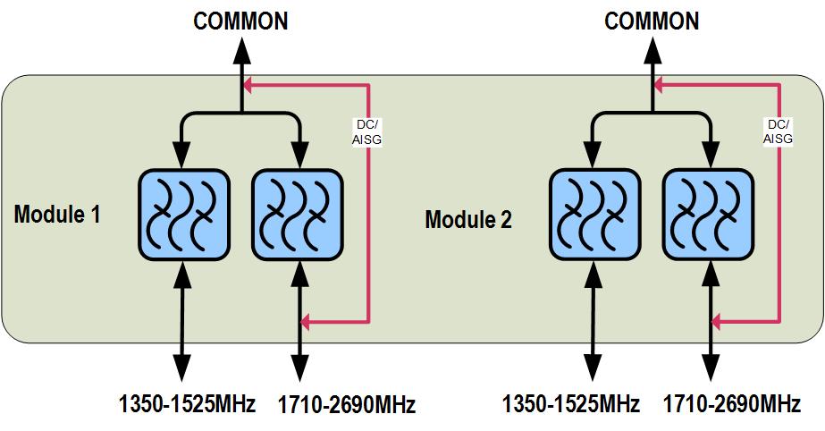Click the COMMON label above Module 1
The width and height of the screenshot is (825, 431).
(241, 21)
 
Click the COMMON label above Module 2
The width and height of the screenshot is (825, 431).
(652, 21)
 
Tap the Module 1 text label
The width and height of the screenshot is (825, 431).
(57, 215)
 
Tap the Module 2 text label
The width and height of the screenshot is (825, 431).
(468, 219)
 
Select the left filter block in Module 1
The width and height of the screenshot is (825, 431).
(182, 213)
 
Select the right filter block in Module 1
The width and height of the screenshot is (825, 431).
(299, 213)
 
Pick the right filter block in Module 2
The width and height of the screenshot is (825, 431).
(709, 215)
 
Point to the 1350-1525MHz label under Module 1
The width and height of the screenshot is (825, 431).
(187, 404)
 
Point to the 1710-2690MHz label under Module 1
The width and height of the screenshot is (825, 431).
(347, 405)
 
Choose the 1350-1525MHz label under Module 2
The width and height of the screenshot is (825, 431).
(571, 404)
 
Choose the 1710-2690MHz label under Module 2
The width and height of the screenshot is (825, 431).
(731, 404)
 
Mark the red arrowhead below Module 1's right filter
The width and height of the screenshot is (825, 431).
(306, 320)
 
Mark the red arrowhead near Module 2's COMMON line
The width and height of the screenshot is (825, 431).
(659, 87)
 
